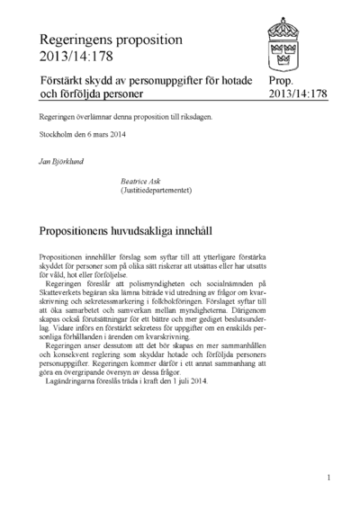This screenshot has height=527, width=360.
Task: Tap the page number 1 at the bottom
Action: (329, 478)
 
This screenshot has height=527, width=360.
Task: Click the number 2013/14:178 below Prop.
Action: (293, 94)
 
